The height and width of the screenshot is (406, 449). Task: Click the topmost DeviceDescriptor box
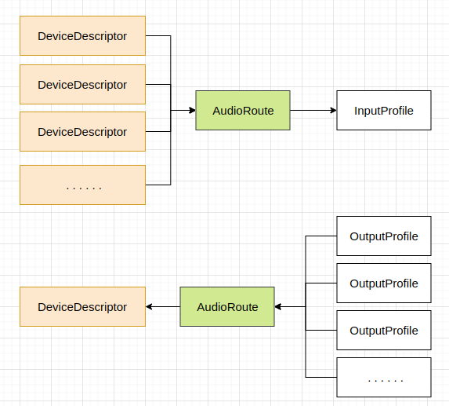[82, 36]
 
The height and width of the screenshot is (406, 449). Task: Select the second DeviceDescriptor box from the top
[82, 84]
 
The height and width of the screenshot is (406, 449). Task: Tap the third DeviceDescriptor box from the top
[82, 132]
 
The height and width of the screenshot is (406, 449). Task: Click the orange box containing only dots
[82, 185]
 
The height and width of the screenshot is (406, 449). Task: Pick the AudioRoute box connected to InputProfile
[243, 111]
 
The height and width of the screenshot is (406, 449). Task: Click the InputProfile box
[383, 111]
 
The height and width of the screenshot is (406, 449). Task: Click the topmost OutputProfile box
[383, 236]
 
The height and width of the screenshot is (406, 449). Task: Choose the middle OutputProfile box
[383, 283]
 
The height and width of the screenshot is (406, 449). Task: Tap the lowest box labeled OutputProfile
[383, 331]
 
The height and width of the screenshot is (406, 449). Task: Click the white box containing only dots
[383, 378]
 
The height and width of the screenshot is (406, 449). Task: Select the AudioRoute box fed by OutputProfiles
[227, 307]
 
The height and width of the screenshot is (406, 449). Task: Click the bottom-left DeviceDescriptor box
[82, 307]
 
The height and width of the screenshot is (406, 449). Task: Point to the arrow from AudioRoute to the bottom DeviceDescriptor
[163, 307]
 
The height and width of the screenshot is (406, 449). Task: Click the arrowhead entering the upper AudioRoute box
[191, 111]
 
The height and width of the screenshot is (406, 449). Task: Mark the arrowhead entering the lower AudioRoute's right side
[279, 307]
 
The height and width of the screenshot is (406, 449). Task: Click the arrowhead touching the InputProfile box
[332, 111]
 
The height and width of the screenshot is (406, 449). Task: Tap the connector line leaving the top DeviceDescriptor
[158, 36]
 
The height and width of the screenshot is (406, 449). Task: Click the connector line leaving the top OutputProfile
[320, 236]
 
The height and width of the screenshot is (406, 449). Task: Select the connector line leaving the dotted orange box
[158, 185]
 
